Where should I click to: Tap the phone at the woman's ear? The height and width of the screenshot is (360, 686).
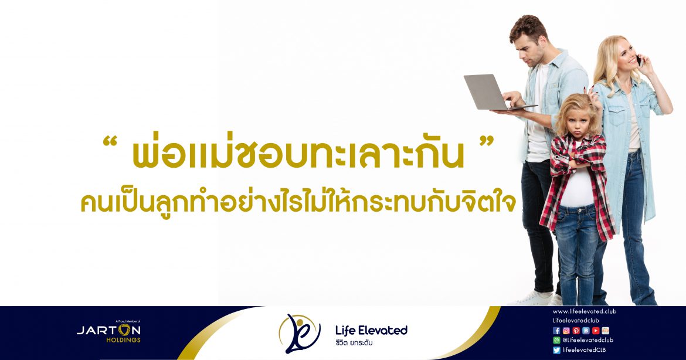[639, 60]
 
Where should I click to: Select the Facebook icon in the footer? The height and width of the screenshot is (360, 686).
[556, 331]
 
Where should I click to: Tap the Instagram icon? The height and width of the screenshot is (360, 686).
[566, 331]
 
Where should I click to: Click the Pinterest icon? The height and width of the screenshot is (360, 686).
[576, 331]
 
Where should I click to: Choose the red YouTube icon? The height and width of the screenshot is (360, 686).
[596, 331]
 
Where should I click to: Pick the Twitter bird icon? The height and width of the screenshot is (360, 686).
[556, 350]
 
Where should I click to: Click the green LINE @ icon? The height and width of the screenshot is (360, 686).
[556, 340]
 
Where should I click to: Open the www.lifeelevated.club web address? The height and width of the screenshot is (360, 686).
[584, 311]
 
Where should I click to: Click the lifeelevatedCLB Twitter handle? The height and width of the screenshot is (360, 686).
[584, 350]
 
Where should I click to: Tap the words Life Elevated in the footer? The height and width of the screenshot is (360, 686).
[371, 330]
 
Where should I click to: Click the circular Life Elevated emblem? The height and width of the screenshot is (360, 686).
[300, 333]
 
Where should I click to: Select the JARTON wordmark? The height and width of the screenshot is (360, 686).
[108, 330]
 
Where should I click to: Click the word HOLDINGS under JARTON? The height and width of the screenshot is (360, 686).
[123, 340]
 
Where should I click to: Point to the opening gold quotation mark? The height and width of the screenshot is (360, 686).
[111, 142]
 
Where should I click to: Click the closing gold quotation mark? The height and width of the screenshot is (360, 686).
[486, 142]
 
